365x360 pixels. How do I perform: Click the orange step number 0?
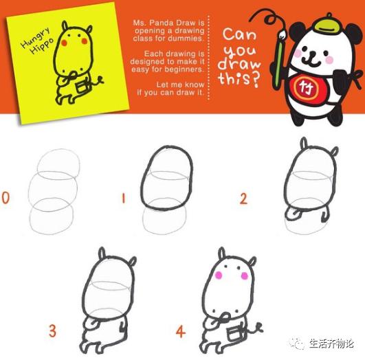click(x=6, y=199)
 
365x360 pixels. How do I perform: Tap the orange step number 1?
click(x=124, y=199)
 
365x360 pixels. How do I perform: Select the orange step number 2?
click(x=243, y=199)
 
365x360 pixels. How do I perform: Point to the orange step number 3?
click(x=52, y=331)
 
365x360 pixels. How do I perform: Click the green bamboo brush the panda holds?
click(x=278, y=55)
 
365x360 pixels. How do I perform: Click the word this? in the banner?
click(x=239, y=80)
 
